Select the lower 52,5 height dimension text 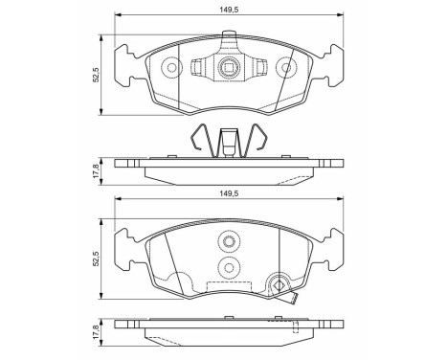pos(96,259)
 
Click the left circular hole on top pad pos(170,68)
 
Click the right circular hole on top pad pos(284,68)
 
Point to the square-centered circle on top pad pos(228,68)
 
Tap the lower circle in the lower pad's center pos(228,267)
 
